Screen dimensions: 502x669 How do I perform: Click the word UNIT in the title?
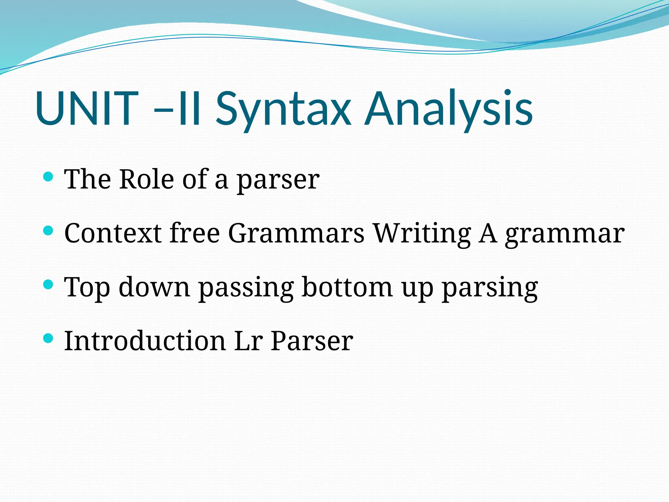click(87, 109)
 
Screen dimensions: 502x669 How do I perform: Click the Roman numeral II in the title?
click(189, 109)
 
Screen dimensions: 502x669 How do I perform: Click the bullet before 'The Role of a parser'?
click(48, 177)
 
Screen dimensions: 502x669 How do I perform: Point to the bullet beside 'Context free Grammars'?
click(48, 231)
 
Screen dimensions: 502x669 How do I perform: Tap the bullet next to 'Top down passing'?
click(48, 285)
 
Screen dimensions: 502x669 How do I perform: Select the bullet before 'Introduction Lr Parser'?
click(48, 339)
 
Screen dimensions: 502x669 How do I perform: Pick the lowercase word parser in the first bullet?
click(278, 181)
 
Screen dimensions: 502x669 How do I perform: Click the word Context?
click(113, 233)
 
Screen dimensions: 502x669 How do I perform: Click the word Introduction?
click(145, 341)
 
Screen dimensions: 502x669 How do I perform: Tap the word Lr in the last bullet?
click(249, 341)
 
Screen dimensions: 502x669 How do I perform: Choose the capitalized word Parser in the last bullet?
click(312, 341)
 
